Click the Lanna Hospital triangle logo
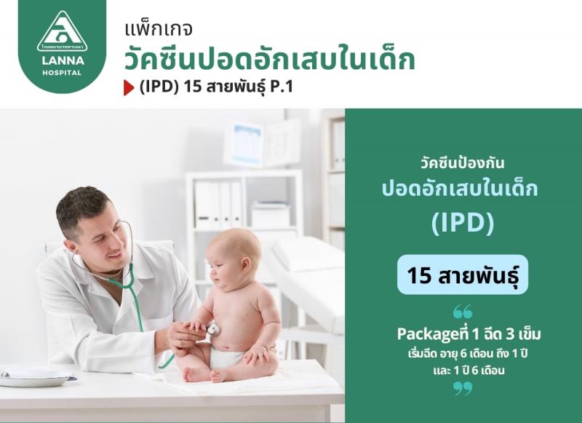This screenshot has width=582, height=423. point(62,31)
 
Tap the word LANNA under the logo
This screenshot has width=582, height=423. point(62,60)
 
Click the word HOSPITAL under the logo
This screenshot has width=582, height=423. point(62,73)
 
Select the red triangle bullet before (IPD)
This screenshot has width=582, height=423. point(129,88)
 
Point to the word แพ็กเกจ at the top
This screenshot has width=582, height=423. point(159,30)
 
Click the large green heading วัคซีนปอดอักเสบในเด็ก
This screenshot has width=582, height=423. point(269,60)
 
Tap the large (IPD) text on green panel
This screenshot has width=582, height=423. point(463,222)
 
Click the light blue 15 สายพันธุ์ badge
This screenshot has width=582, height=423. point(463,274)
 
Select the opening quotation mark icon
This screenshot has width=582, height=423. point(463,312)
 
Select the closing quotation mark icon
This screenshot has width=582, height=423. point(463,389)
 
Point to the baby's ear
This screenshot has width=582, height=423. point(245,264)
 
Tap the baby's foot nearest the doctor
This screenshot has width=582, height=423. point(192,375)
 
